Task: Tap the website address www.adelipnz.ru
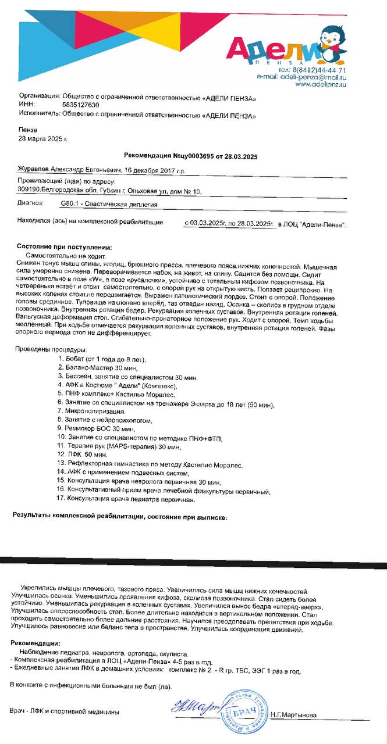click(x=321, y=84)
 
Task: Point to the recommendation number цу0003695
click(x=191, y=156)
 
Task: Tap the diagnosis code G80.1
click(x=72, y=205)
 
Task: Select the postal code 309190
click(x=29, y=190)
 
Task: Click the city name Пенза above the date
click(x=27, y=130)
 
